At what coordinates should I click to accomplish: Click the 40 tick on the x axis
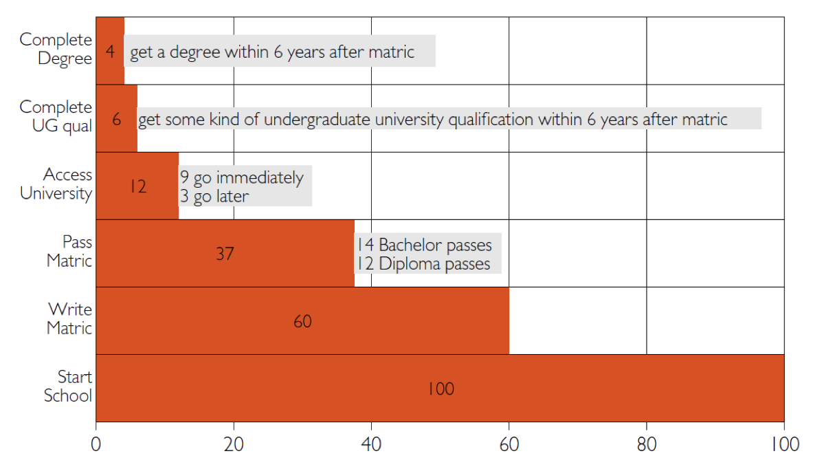click(371, 444)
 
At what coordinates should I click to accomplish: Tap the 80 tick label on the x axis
click(647, 444)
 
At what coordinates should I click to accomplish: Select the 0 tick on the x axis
click(96, 444)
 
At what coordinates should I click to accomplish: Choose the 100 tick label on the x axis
click(784, 444)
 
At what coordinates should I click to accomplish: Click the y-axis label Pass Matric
click(69, 252)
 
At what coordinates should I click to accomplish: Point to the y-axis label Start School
click(68, 386)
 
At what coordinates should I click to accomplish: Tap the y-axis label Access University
click(56, 184)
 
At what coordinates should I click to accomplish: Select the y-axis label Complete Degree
click(56, 50)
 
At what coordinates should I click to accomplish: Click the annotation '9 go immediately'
click(241, 178)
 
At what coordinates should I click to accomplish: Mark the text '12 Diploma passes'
click(423, 264)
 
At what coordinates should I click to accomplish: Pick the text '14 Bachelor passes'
click(424, 245)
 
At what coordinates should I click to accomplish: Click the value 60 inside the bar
click(302, 322)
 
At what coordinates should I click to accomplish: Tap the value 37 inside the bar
click(225, 254)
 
